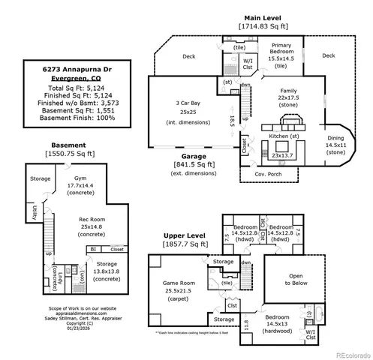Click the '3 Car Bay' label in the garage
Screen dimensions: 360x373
(188, 102)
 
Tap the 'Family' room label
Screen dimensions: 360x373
(288, 90)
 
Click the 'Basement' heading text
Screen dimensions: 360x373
(68, 144)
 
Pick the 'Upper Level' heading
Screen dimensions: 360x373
(185, 235)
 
